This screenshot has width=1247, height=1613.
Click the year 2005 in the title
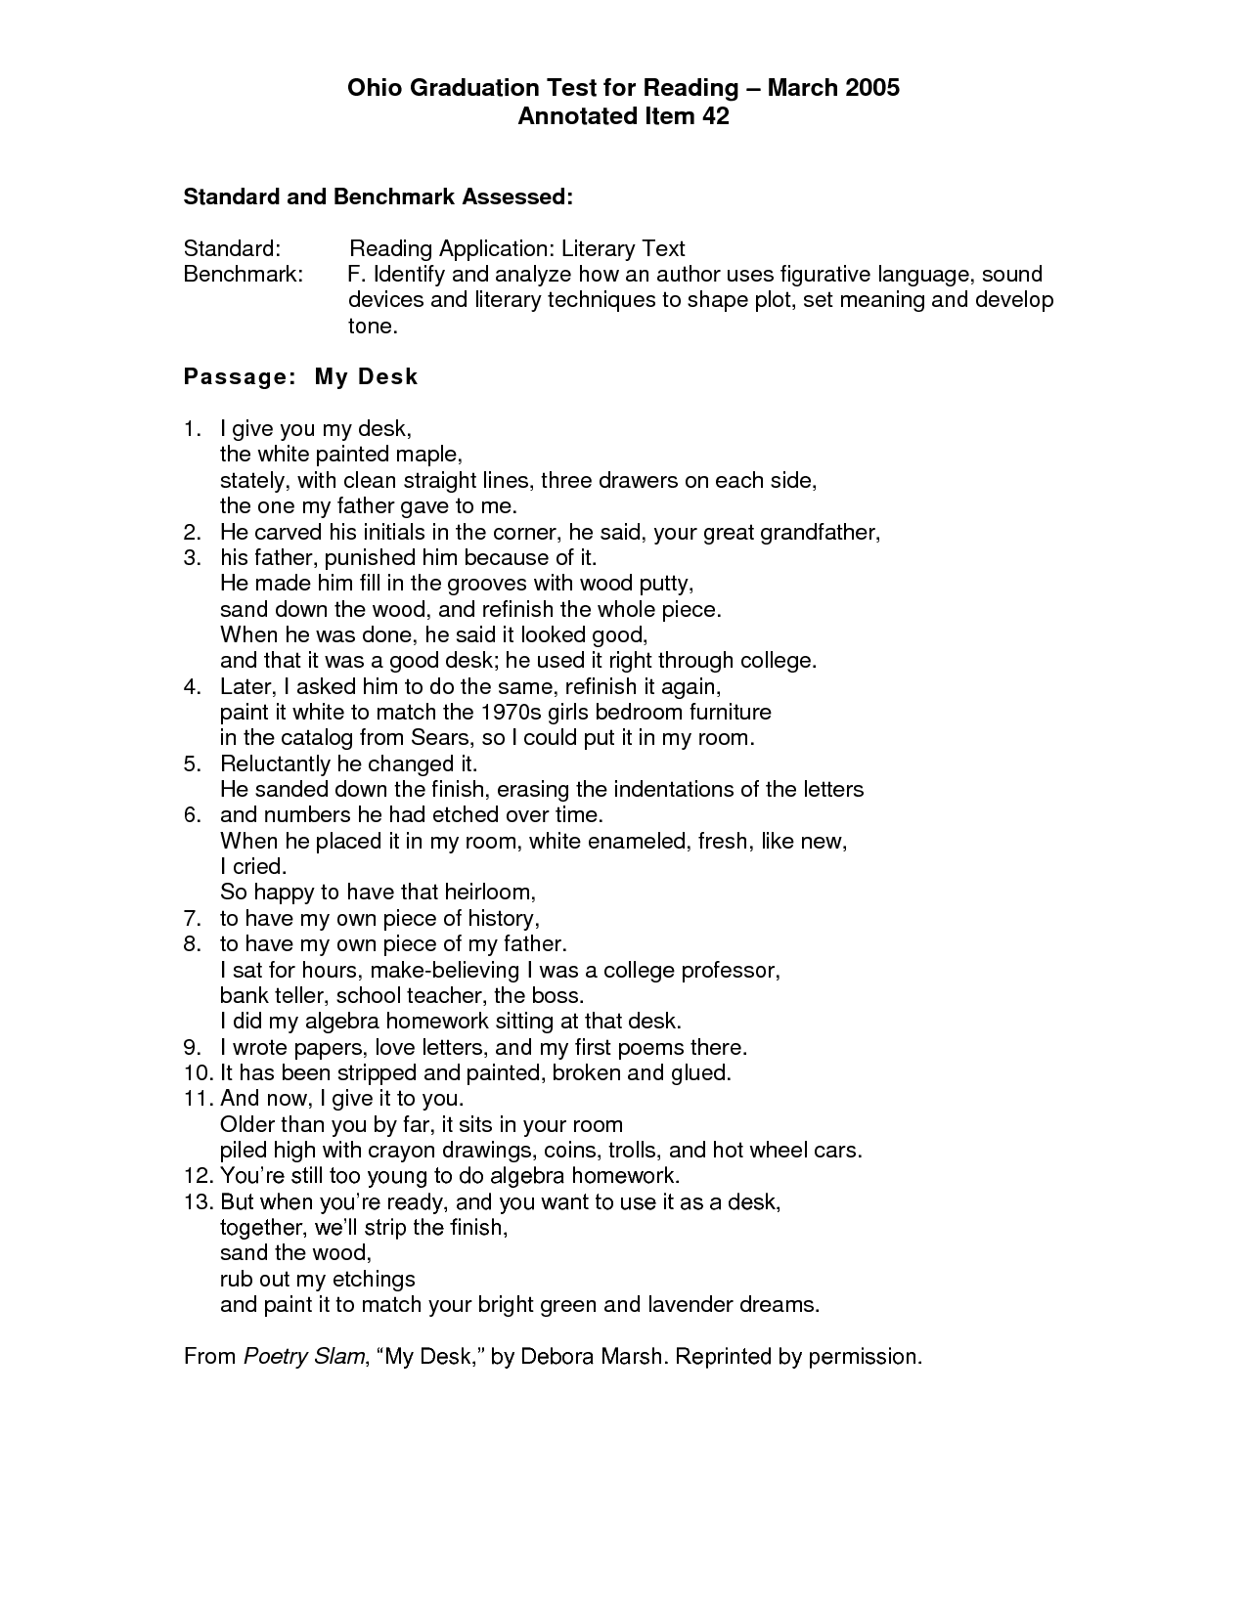coord(868,88)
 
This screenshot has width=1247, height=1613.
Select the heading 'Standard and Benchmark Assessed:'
coord(378,196)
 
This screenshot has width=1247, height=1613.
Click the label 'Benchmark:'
coord(244,274)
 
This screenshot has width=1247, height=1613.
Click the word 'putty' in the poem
coord(665,584)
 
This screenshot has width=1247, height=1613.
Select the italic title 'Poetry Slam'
coord(303,1357)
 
